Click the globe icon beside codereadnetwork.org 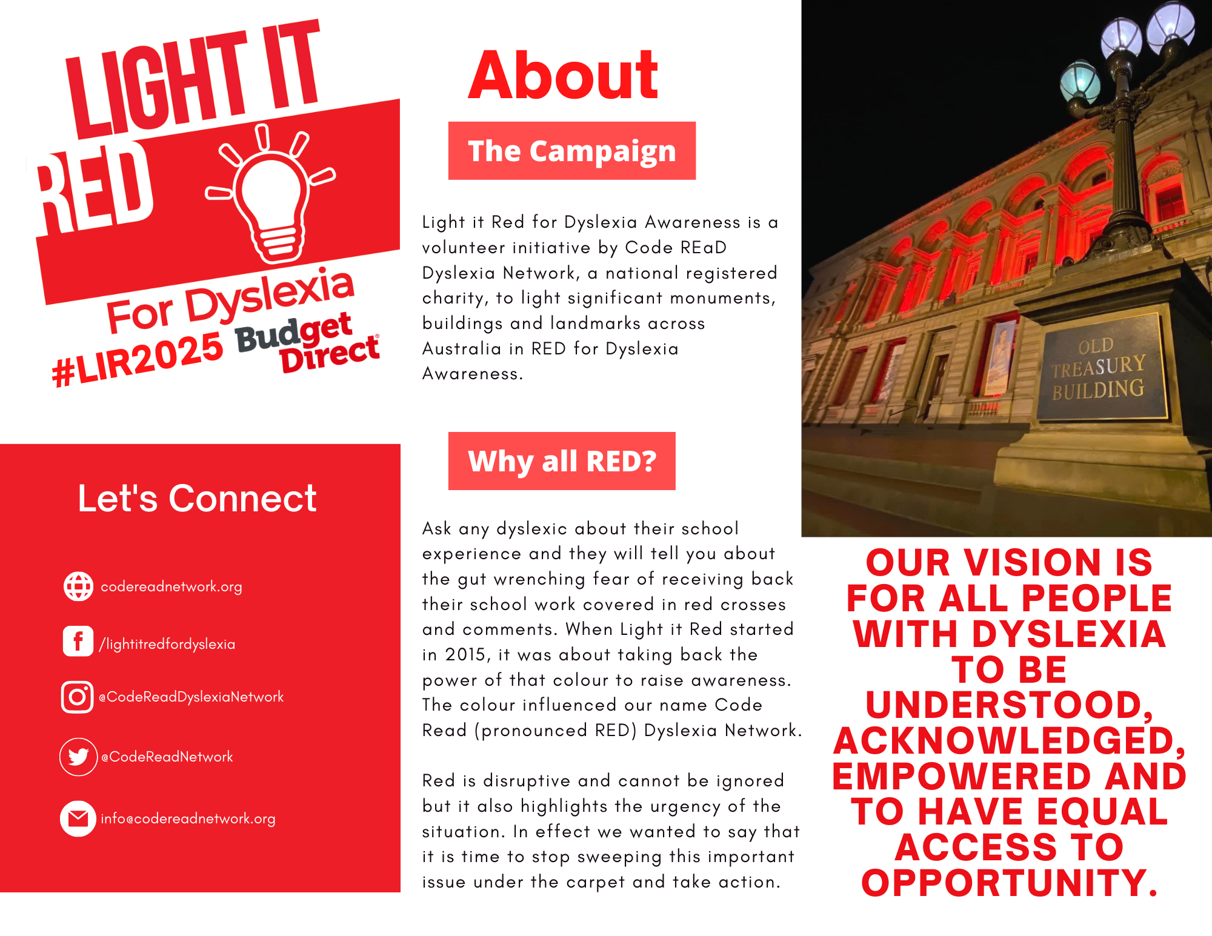[x=79, y=586]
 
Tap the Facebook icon [x=78, y=641]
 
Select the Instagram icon [x=78, y=697]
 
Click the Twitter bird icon [x=79, y=757]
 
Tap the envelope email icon [x=78, y=818]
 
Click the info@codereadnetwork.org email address [x=188, y=819]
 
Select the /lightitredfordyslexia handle [x=167, y=644]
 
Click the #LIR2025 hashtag [x=138, y=360]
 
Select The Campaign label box [x=572, y=151]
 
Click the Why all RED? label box [x=562, y=461]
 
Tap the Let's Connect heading [x=197, y=499]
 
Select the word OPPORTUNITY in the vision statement [x=1009, y=883]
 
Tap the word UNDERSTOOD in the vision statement [x=1009, y=705]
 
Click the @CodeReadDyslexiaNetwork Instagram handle [x=191, y=697]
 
